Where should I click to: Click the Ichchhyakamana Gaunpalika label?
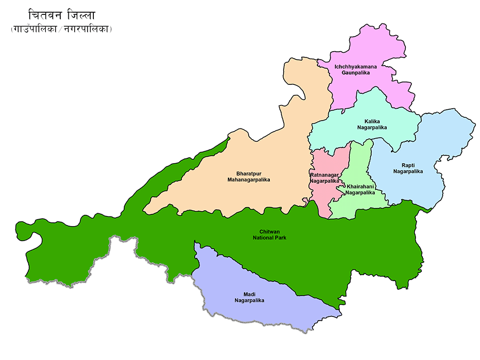pos(355,69)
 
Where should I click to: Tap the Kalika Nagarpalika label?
pos(372,124)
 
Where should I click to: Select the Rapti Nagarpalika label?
pos(407,168)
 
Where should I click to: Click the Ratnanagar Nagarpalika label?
pos(324,178)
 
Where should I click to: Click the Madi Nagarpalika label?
pos(249,297)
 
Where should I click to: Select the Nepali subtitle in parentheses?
pos(61,30)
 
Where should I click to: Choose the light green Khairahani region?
pos(363,160)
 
